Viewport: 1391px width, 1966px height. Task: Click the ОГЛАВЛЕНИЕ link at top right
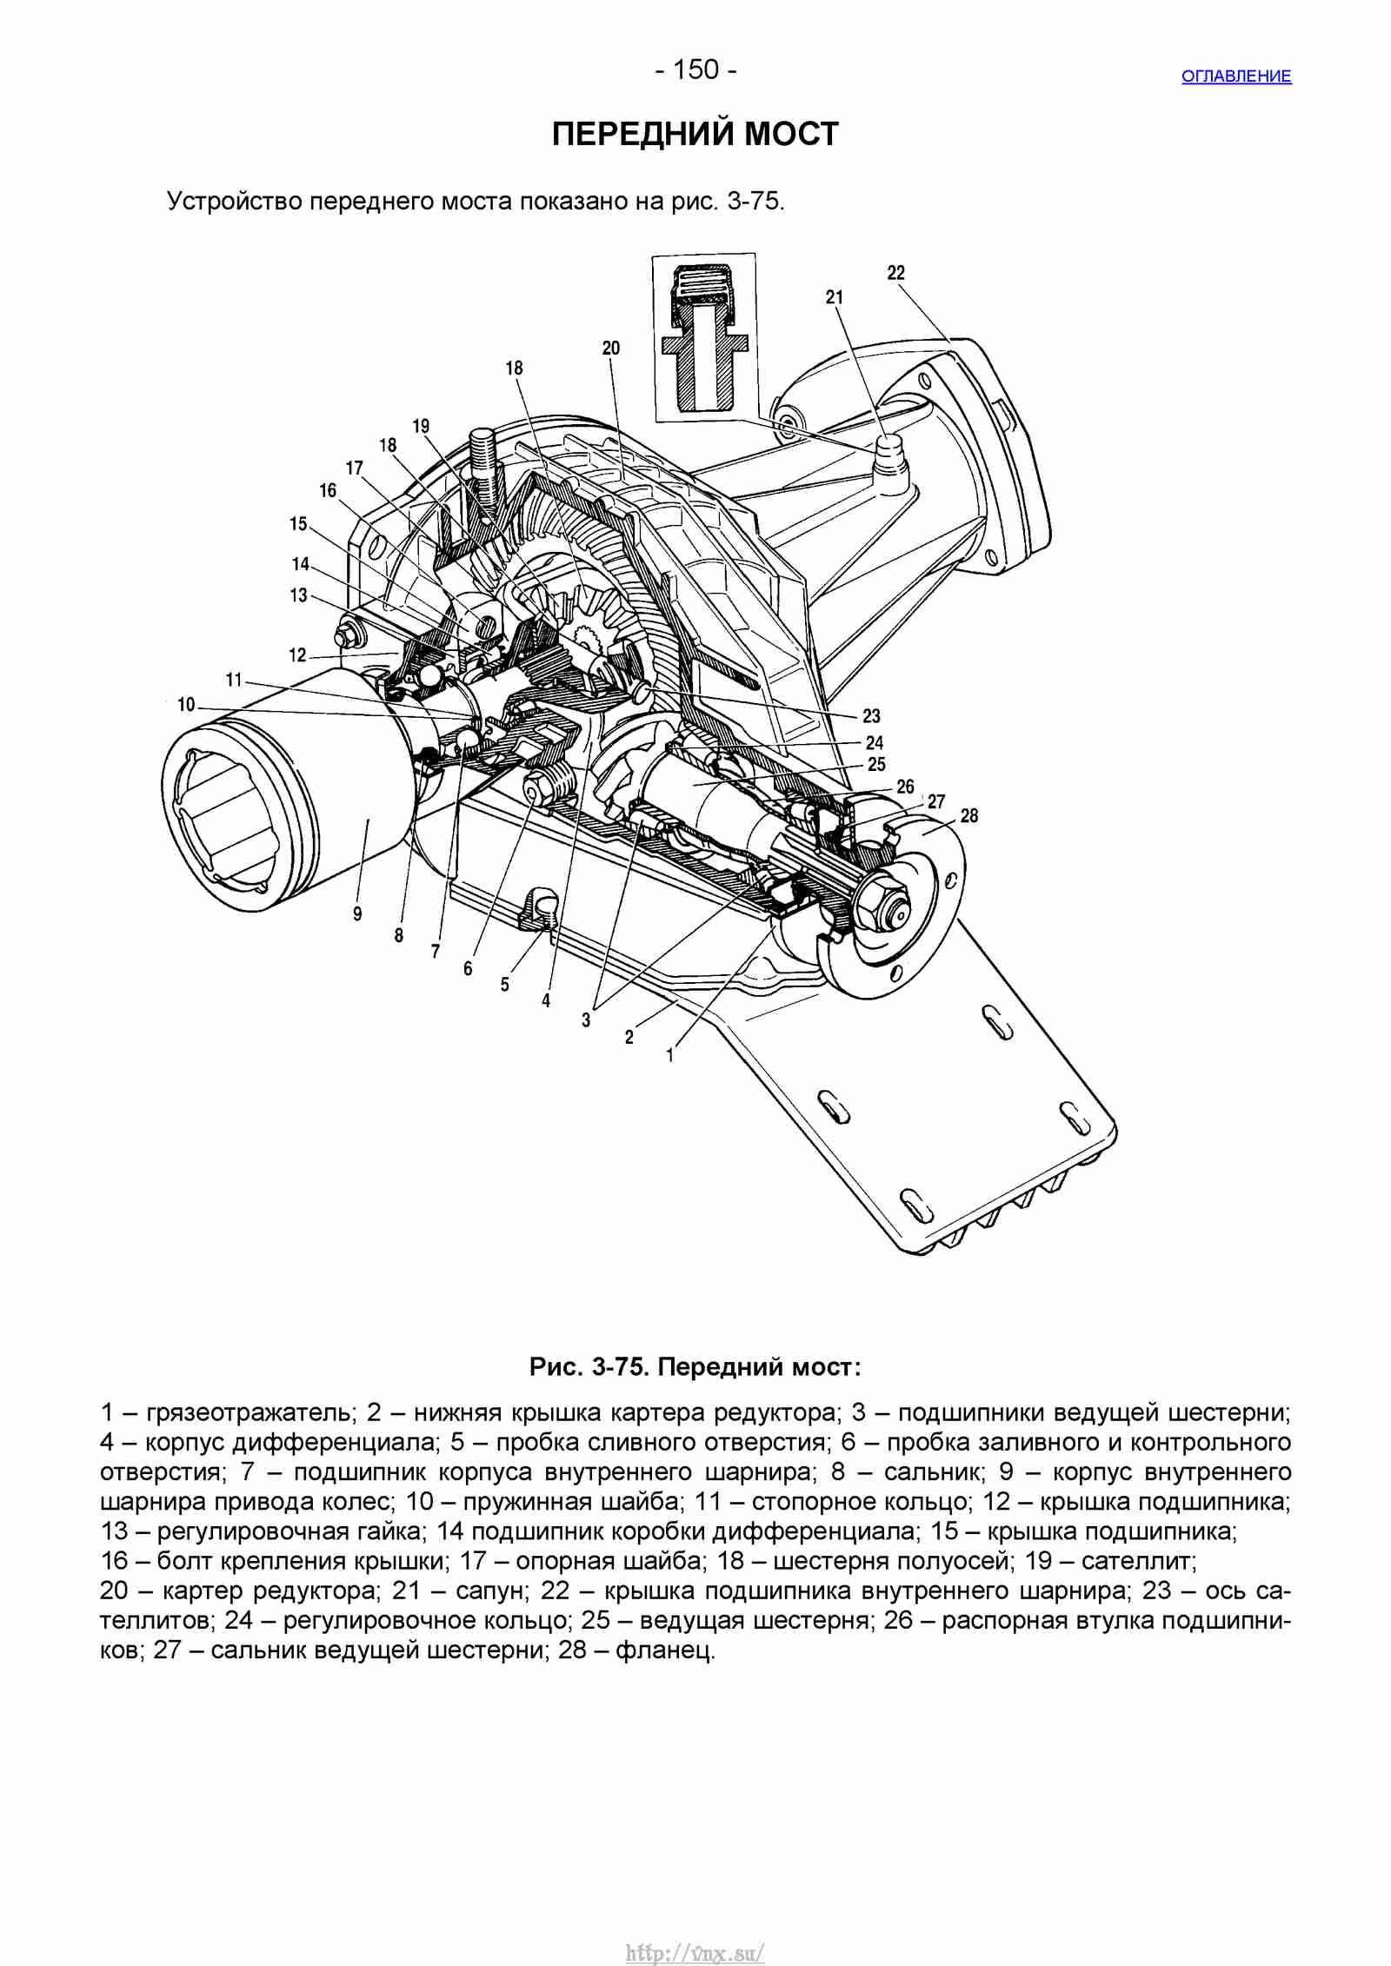click(1235, 76)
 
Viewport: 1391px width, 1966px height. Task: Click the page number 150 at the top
click(696, 70)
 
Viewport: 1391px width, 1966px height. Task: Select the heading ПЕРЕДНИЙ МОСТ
click(695, 134)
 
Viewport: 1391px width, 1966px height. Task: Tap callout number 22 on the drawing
click(896, 273)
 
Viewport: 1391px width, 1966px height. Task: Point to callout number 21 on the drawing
click(835, 297)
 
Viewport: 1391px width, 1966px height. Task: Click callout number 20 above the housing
click(611, 348)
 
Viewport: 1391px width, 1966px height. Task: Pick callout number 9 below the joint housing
click(357, 913)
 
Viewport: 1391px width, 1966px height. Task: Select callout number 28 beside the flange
click(969, 815)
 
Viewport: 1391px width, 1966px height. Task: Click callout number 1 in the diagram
click(669, 1056)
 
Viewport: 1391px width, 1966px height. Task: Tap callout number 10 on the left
click(186, 704)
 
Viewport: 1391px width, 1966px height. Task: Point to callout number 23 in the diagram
click(871, 716)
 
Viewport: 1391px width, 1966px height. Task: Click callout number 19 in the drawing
click(421, 426)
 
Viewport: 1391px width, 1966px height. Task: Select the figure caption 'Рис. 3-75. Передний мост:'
click(695, 1367)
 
